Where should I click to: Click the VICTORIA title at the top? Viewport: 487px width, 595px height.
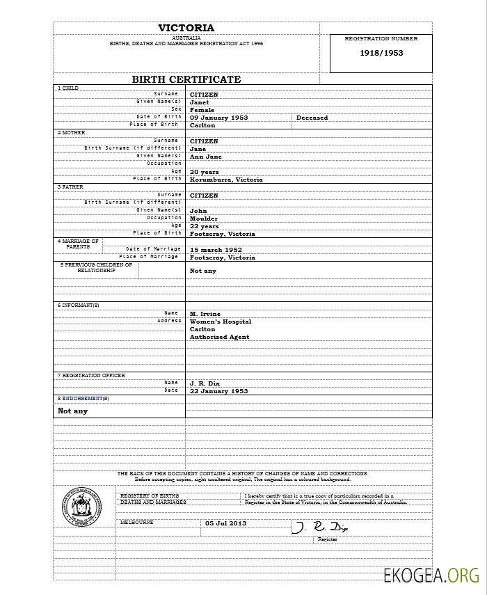click(186, 28)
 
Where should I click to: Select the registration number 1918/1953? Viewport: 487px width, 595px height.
click(381, 53)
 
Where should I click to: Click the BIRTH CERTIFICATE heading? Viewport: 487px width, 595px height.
click(186, 79)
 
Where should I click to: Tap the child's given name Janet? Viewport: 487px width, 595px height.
click(200, 102)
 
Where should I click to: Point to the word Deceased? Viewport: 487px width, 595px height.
click(312, 118)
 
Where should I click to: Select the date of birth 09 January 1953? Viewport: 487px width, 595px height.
click(219, 118)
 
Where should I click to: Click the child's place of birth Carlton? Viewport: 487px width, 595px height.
click(202, 125)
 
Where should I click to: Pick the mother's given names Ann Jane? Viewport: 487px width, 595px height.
click(206, 157)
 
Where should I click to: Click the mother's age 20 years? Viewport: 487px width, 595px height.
click(205, 172)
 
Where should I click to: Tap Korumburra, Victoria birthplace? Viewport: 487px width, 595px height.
click(226, 180)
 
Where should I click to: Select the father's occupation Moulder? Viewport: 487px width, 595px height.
click(204, 219)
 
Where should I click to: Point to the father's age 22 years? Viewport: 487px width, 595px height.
click(205, 226)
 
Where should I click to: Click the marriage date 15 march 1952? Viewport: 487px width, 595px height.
click(216, 249)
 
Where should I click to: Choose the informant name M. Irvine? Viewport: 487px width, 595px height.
click(205, 314)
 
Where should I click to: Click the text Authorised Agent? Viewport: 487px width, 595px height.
click(219, 337)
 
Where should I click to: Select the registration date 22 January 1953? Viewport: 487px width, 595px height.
click(219, 391)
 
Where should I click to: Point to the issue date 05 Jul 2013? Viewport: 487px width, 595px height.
click(225, 523)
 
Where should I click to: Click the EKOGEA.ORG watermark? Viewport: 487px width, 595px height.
click(431, 575)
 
